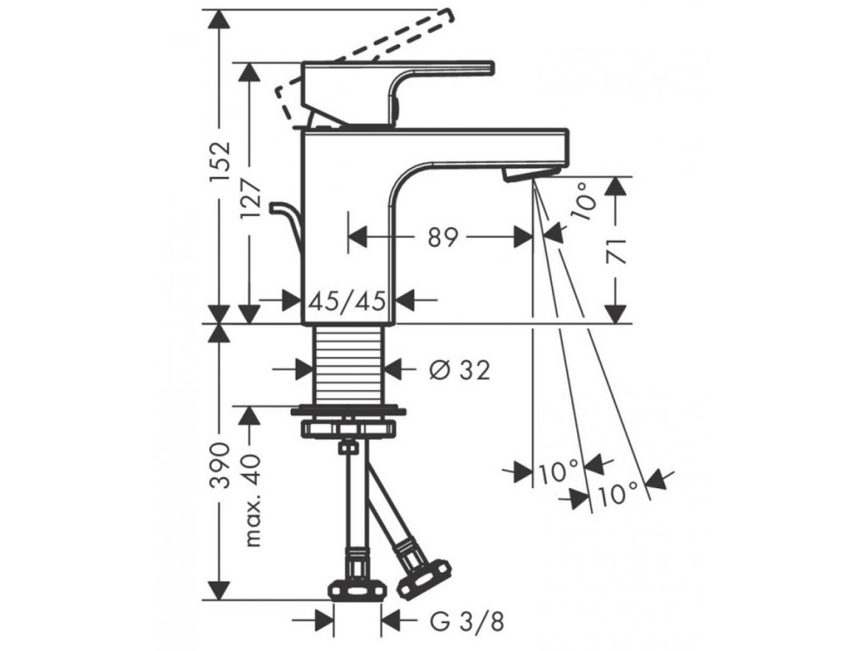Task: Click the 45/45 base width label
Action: click(x=349, y=299)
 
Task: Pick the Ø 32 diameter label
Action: click(x=459, y=370)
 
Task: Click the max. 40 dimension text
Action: click(x=252, y=498)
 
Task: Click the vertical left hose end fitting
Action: click(x=356, y=576)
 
